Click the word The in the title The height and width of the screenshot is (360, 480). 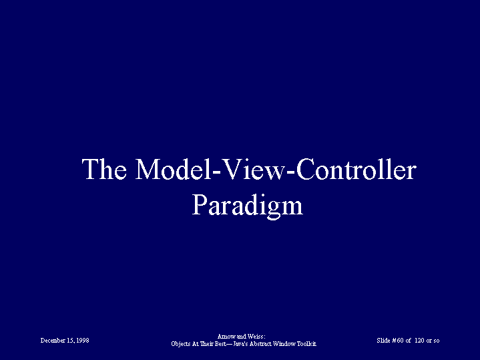point(104,169)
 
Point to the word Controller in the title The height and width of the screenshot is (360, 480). point(356,169)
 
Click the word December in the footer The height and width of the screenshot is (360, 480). point(53,341)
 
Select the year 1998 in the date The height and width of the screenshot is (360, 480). point(83,341)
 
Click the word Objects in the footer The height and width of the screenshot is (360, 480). point(181,344)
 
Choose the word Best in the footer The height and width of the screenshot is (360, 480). point(220,344)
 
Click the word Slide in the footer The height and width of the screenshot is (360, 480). point(383,341)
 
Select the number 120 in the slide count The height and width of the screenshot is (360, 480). point(419,341)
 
